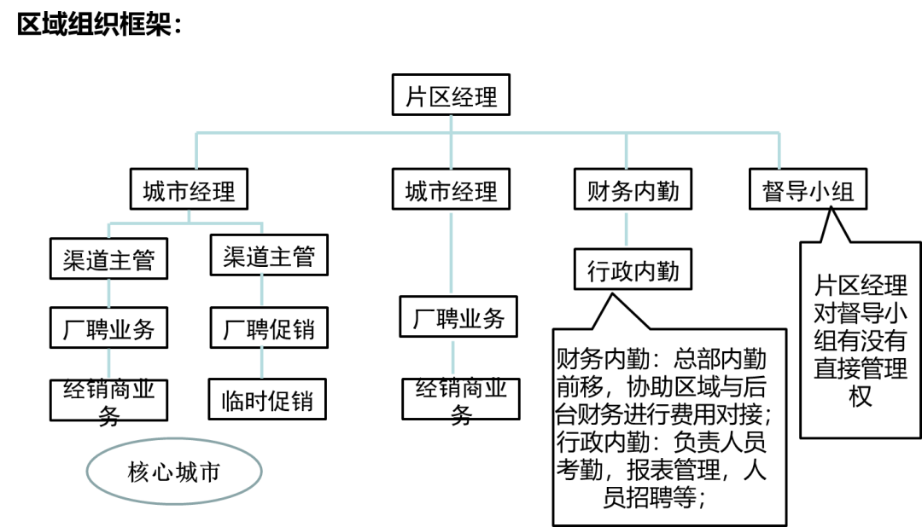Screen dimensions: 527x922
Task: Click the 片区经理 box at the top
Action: point(452,96)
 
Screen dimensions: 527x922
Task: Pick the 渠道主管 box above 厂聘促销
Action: point(269,257)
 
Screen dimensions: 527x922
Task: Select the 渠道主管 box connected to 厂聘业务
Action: point(108,259)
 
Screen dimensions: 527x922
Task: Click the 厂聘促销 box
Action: point(269,329)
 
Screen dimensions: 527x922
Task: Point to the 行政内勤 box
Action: point(633,270)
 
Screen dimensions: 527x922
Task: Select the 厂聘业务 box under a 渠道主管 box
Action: point(108,329)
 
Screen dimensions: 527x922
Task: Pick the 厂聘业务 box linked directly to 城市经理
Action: point(459,319)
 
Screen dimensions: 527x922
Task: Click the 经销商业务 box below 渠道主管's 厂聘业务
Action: point(108,399)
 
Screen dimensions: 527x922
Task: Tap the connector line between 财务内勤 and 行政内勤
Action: point(627,229)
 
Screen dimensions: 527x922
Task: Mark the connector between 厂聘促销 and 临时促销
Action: point(262,364)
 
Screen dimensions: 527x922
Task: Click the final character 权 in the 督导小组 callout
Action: point(860,397)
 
